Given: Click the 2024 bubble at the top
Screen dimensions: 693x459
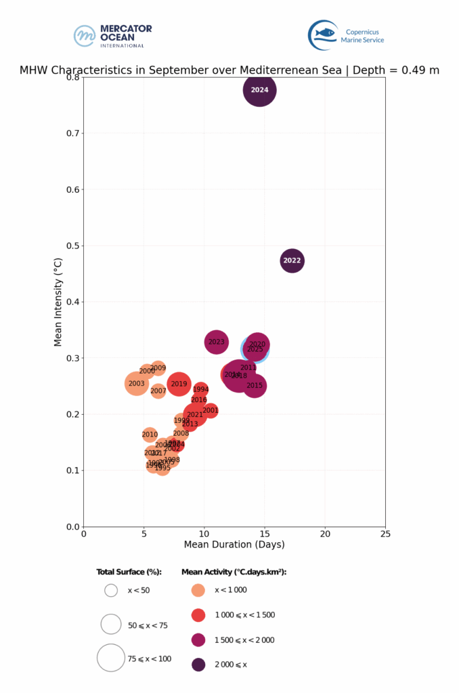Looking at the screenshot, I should click(259, 90).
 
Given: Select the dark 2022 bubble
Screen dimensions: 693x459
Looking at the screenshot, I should click(292, 261).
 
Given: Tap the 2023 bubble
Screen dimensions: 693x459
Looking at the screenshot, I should click(216, 342).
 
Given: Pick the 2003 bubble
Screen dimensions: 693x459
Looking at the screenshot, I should click(137, 384).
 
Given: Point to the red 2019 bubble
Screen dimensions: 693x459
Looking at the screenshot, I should click(178, 384).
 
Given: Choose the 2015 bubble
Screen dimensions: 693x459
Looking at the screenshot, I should click(254, 386).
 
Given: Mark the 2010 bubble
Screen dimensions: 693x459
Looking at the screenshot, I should click(150, 434).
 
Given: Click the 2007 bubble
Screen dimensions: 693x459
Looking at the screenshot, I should click(158, 390).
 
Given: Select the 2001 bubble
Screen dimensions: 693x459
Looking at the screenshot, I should click(210, 410).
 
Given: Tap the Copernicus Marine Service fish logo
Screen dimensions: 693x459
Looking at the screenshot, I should click(323, 35).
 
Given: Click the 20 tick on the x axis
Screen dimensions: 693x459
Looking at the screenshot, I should click(325, 533).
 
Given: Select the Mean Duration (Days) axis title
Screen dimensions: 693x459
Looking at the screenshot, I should click(234, 544).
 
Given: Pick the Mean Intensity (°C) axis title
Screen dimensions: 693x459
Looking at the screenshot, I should click(59, 302).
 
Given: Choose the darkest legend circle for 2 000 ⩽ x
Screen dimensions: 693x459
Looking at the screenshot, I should click(198, 665).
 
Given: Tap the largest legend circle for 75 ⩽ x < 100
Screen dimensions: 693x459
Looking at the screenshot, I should click(111, 657).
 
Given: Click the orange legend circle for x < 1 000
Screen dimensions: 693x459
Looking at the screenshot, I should click(198, 589).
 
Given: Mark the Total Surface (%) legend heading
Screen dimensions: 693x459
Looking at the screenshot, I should click(129, 572).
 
